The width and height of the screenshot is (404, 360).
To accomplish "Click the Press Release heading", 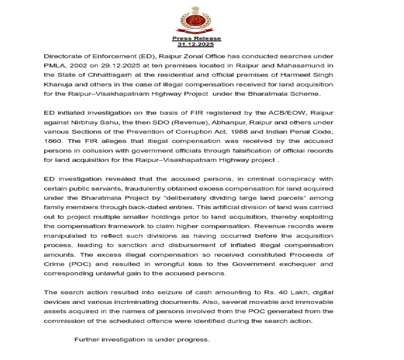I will coord(196,38).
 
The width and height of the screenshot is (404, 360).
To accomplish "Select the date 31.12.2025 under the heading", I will coord(196,44).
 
